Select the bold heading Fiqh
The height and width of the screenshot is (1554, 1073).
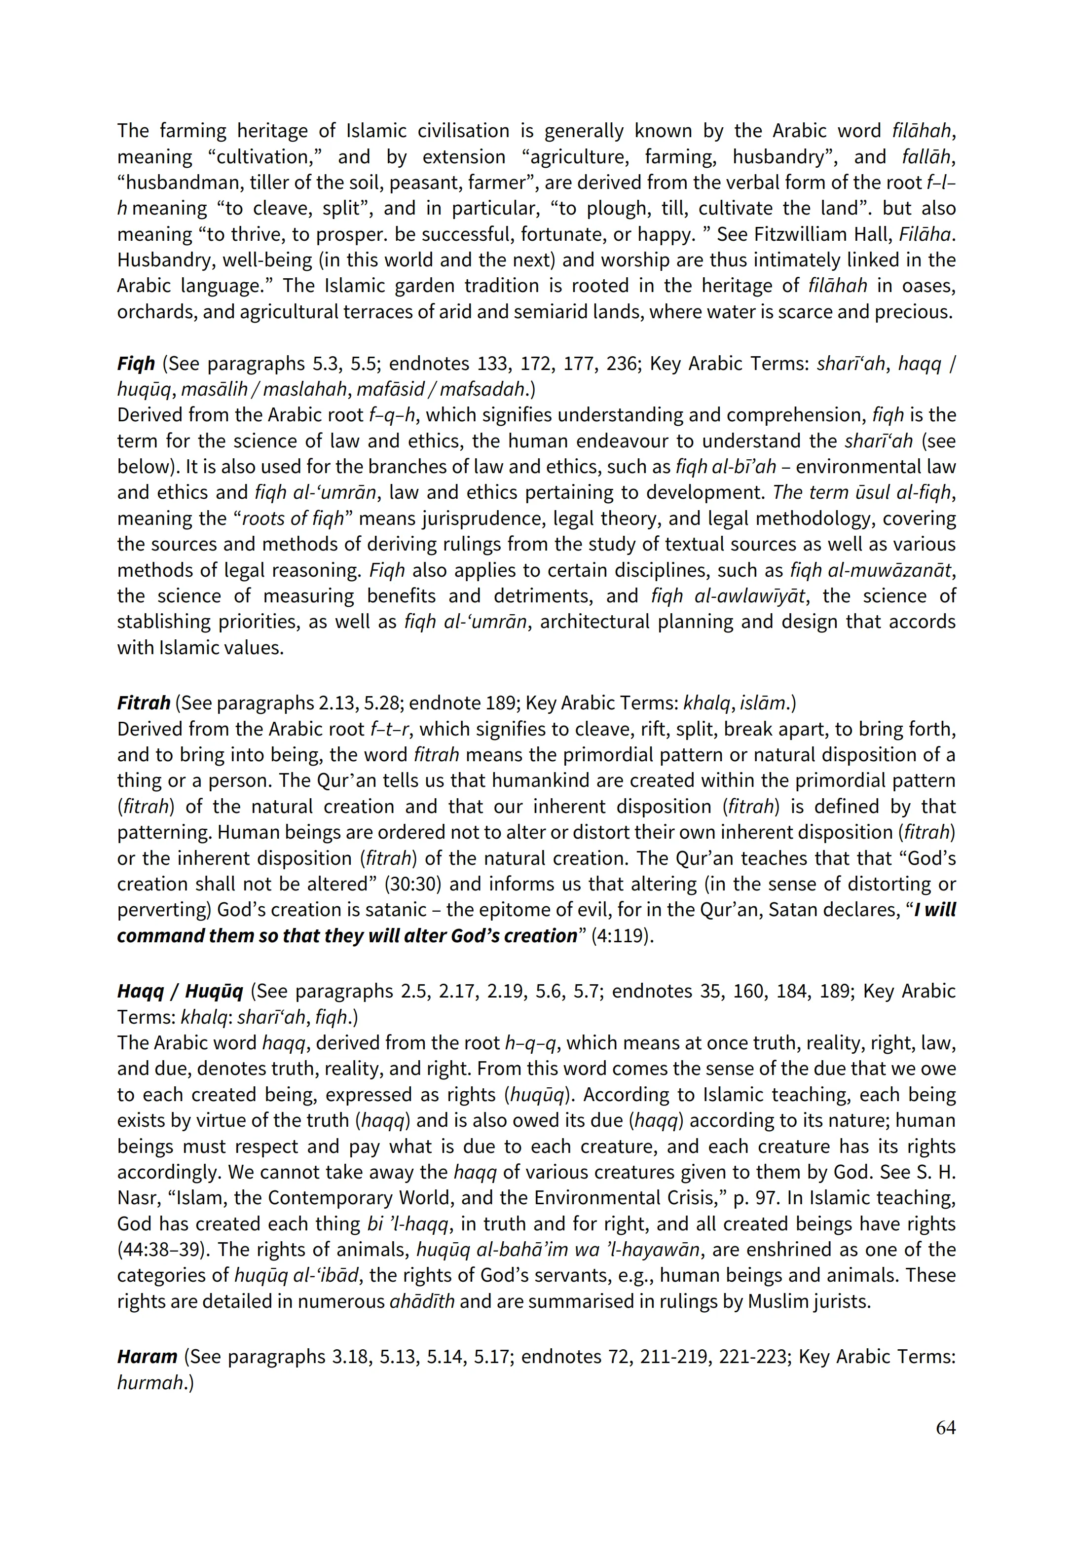coord(136,364)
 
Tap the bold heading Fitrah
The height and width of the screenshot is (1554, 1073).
coord(143,703)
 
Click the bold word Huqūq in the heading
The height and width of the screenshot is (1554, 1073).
coord(214,992)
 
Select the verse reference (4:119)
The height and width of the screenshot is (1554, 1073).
coord(622,936)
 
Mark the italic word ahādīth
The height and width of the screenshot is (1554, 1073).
coord(421,1301)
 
